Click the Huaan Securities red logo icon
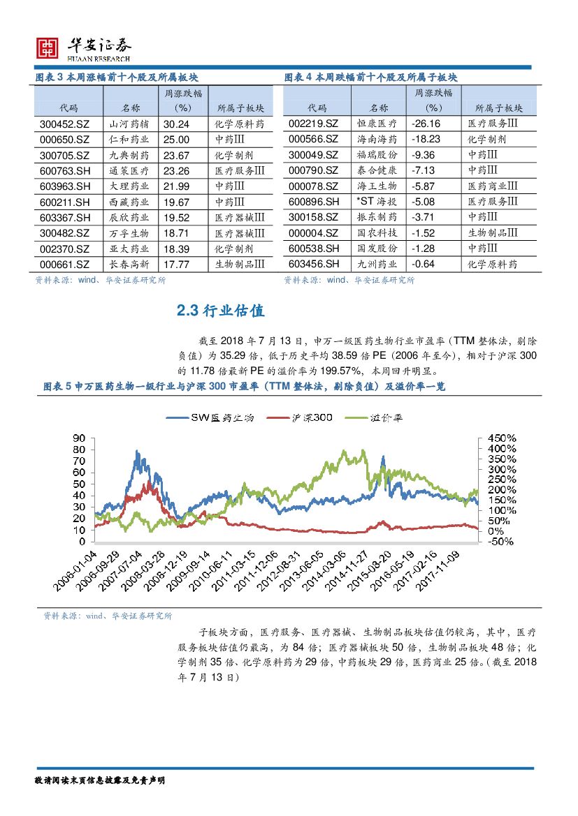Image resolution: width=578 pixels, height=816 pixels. pos(47,47)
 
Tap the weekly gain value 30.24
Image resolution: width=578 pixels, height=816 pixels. pos(176,124)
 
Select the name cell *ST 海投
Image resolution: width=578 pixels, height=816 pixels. pos(375,202)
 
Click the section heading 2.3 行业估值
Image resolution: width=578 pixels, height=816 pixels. pos(221,311)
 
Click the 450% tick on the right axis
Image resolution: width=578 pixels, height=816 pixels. pos(502,437)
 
